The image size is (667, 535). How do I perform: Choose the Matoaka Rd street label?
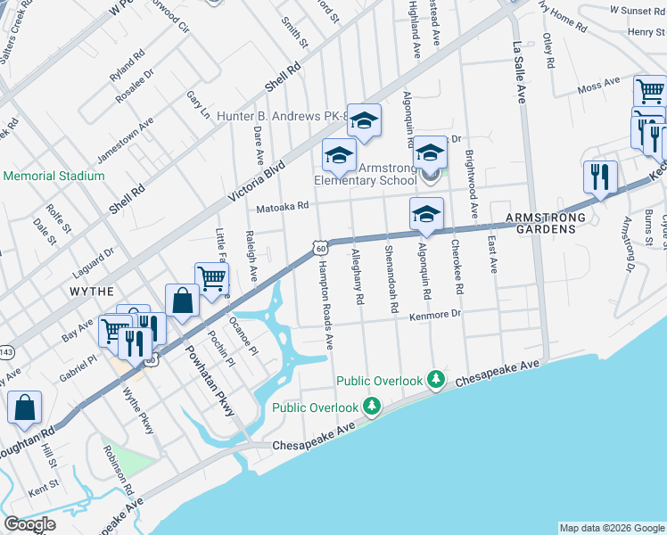tap(282, 206)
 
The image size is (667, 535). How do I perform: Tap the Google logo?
tap(30, 524)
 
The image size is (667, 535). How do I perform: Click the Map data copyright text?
tap(611, 528)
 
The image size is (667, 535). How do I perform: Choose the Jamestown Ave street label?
tap(124, 138)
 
